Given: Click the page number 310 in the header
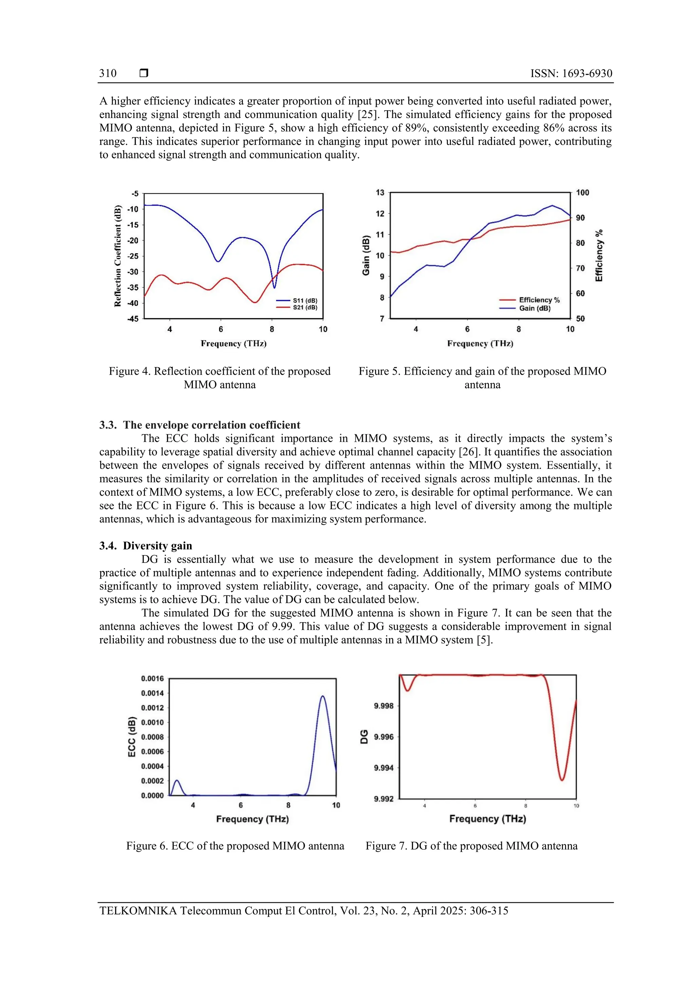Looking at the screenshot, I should pyautogui.click(x=108, y=73).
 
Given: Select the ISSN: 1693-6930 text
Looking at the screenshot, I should pyautogui.click(x=571, y=73).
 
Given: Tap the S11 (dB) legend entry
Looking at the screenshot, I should pyautogui.click(x=304, y=301).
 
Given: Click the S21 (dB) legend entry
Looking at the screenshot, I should pyautogui.click(x=304, y=307).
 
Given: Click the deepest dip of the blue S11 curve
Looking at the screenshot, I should pyautogui.click(x=274, y=287).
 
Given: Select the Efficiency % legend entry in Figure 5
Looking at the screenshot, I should pyautogui.click(x=539, y=300).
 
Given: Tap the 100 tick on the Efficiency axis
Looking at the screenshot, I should pyautogui.click(x=582, y=193).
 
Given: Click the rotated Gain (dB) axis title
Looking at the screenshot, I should pyautogui.click(x=366, y=255).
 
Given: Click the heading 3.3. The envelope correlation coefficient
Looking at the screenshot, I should pyautogui.click(x=200, y=425).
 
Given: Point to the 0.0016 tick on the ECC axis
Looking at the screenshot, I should pyautogui.click(x=152, y=678).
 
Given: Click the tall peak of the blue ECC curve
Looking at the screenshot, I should pyautogui.click(x=322, y=697).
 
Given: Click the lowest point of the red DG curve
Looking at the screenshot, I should pyautogui.click(x=562, y=780).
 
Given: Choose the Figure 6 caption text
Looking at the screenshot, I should pyautogui.click(x=235, y=846).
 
